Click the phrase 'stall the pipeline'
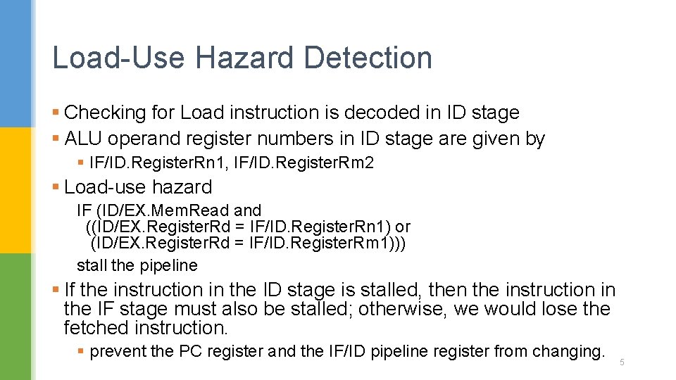point(137,265)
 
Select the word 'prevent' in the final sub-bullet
point(117,351)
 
